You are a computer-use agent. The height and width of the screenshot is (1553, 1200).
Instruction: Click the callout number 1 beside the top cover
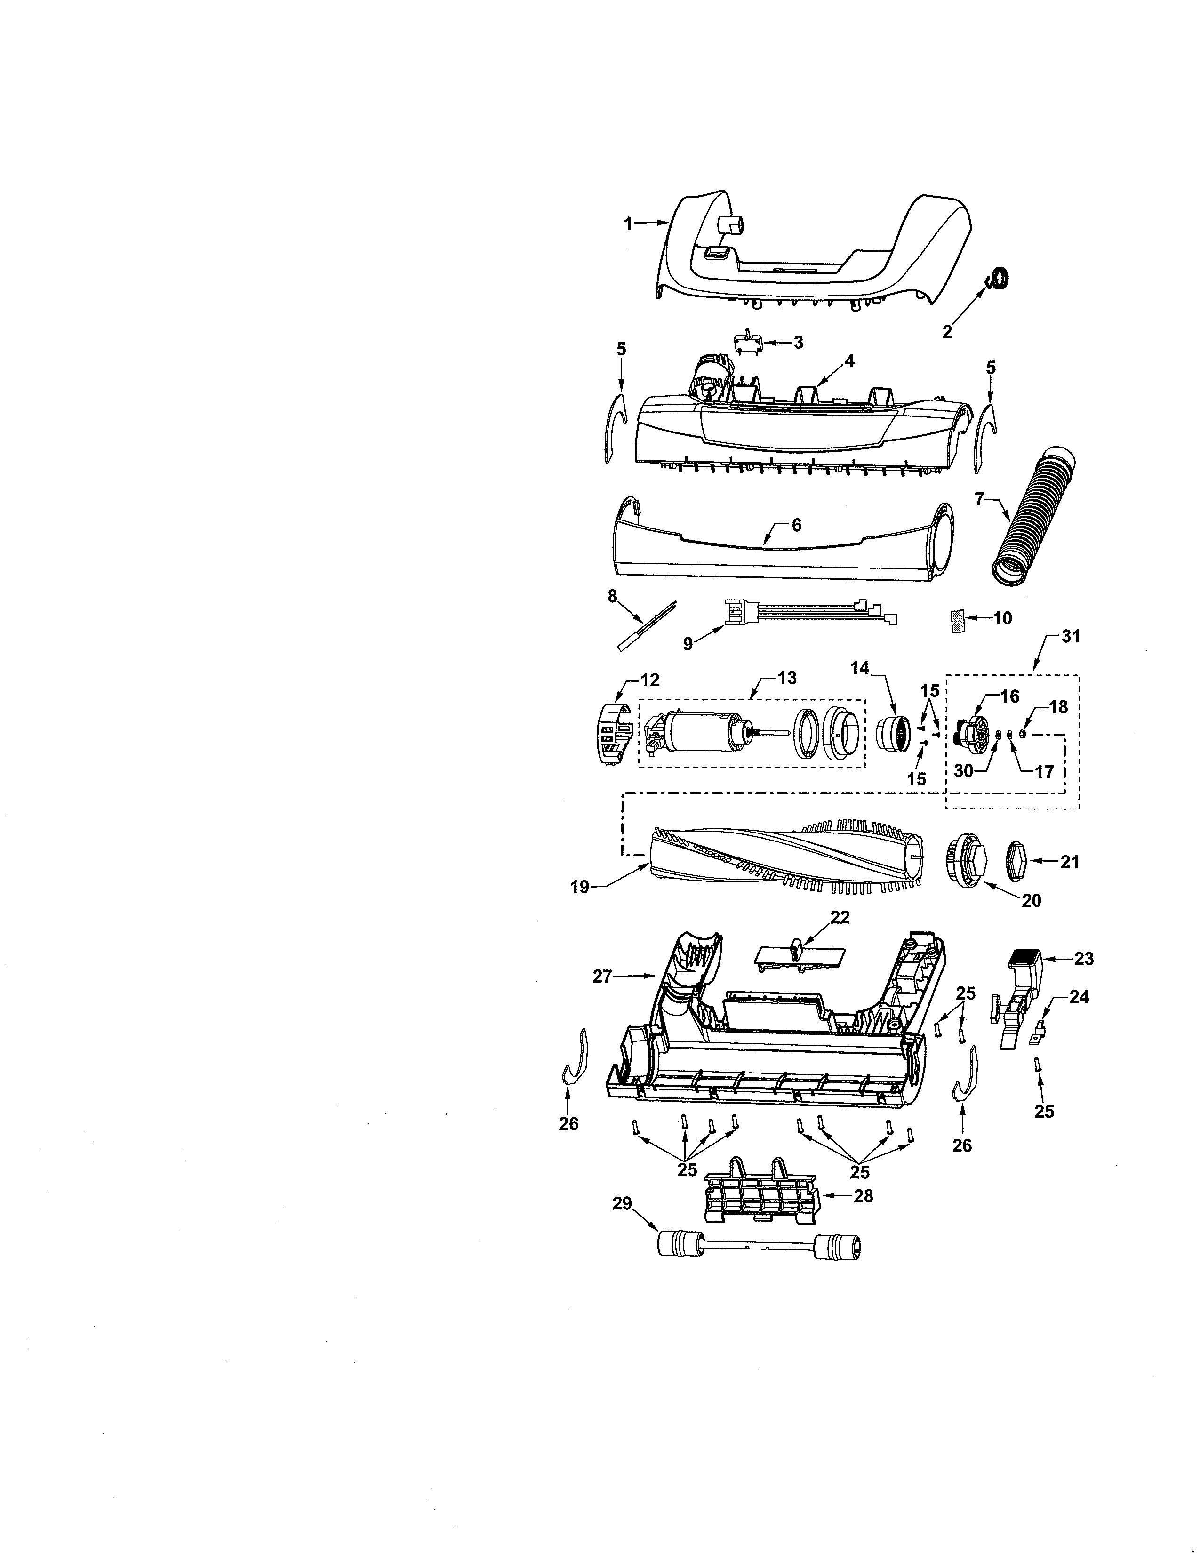pyautogui.click(x=628, y=224)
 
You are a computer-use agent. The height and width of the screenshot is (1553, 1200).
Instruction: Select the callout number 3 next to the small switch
pyautogui.click(x=798, y=343)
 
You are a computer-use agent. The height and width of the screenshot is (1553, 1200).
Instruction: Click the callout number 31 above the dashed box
pyautogui.click(x=1070, y=637)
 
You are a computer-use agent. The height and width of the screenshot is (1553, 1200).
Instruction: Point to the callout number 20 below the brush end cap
pyautogui.click(x=1031, y=901)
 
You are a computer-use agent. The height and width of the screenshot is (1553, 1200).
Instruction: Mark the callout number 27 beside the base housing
pyautogui.click(x=602, y=977)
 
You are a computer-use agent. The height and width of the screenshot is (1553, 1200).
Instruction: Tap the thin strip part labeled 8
pyautogui.click(x=646, y=625)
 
